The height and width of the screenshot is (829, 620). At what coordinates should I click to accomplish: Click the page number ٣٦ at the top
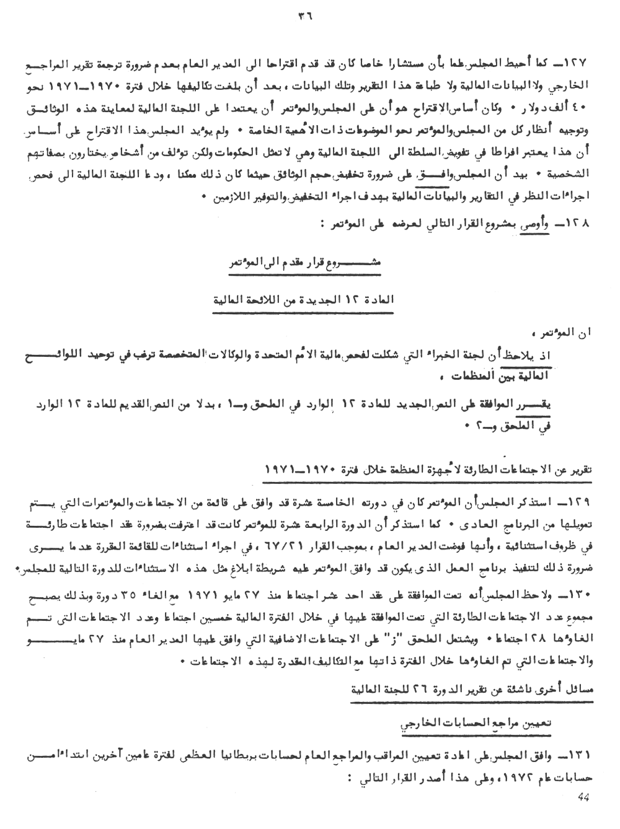[305, 17]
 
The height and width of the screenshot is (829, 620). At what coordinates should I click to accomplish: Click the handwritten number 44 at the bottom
[584, 797]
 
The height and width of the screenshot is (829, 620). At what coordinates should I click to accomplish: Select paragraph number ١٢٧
[581, 64]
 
